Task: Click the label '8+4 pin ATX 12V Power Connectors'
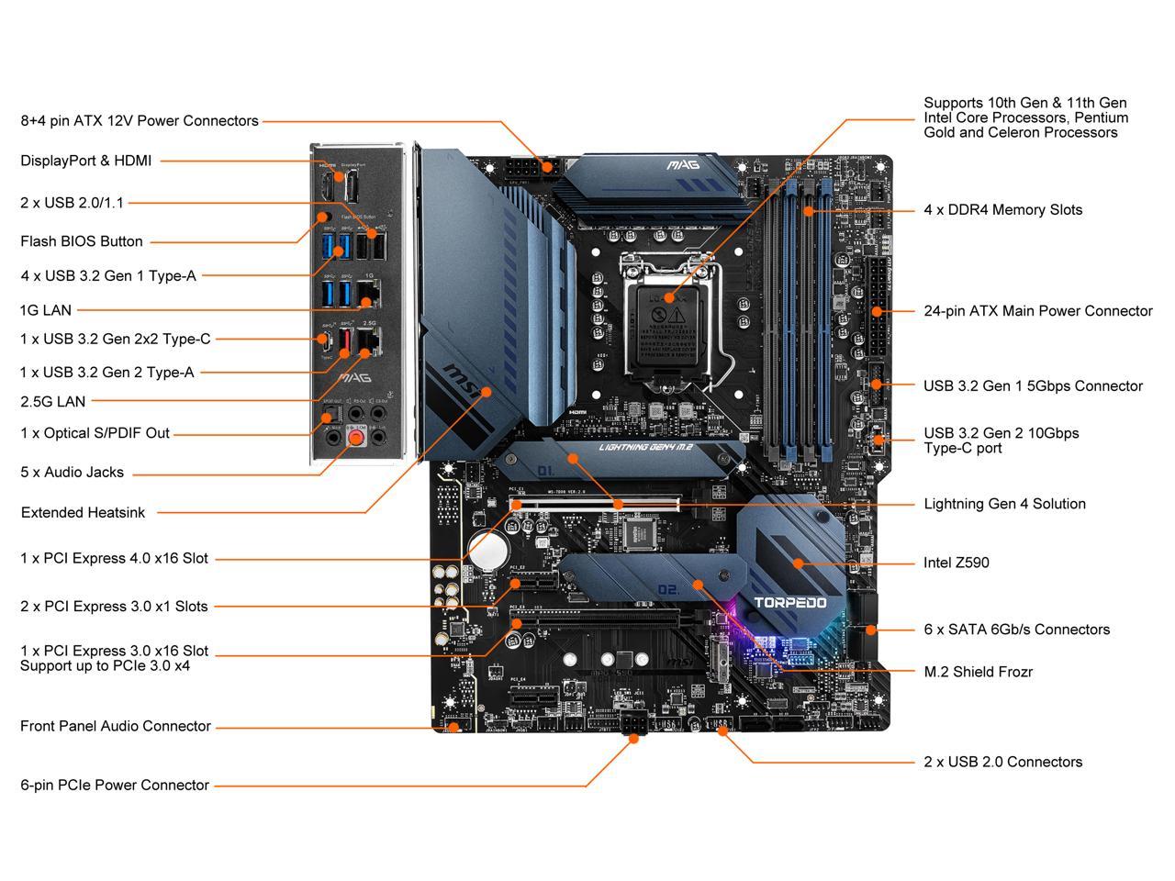[140, 121]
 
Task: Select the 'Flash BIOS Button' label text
[82, 241]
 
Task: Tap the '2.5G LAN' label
[52, 401]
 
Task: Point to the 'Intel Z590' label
[956, 563]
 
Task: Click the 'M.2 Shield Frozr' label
[978, 672]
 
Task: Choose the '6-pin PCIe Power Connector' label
[115, 786]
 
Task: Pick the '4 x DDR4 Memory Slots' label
[1002, 210]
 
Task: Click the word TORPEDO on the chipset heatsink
[789, 603]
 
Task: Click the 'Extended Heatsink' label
[83, 513]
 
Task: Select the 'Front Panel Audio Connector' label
[116, 727]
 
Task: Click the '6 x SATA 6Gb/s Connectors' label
[1016, 630]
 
